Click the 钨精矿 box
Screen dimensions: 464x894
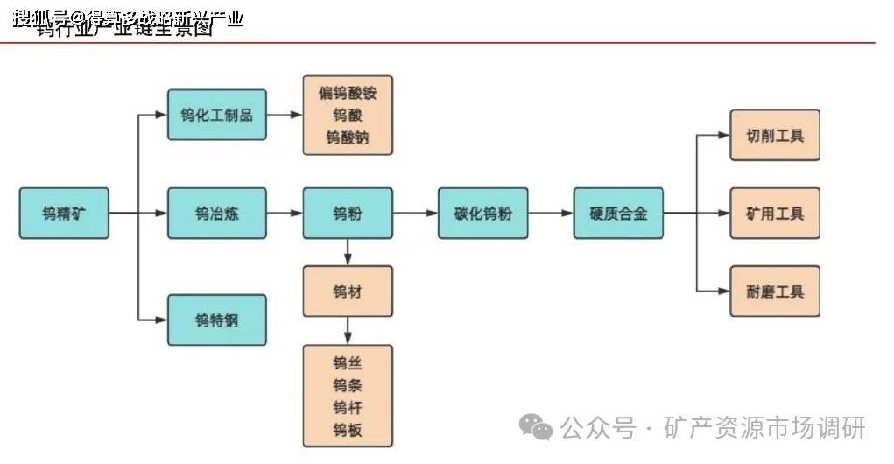pos(65,213)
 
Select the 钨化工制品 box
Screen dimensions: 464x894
pos(216,114)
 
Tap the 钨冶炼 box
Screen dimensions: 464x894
pos(216,213)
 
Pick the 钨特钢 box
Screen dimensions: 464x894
pos(216,320)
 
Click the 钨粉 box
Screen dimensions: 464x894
pos(348,213)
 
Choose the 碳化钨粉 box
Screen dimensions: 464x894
pos(482,213)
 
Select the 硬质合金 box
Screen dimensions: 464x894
pos(618,213)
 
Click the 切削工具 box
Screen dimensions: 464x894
pos(775,136)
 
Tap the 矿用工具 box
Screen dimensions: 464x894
pos(775,213)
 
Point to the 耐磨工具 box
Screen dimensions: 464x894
pos(775,291)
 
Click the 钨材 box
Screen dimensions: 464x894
pos(348,292)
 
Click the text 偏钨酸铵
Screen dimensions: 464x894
pos(348,93)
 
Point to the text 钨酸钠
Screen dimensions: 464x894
pos(348,137)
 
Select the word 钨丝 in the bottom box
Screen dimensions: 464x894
pos(348,363)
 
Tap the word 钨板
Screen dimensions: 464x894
pos(348,430)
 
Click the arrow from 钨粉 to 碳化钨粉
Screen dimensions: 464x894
pos(415,213)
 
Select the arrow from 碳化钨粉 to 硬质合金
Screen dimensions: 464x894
pos(551,213)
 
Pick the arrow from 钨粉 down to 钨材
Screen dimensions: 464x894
pos(348,252)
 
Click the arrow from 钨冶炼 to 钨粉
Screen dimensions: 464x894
pos(284,213)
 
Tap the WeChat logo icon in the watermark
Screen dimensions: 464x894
pos(535,428)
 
